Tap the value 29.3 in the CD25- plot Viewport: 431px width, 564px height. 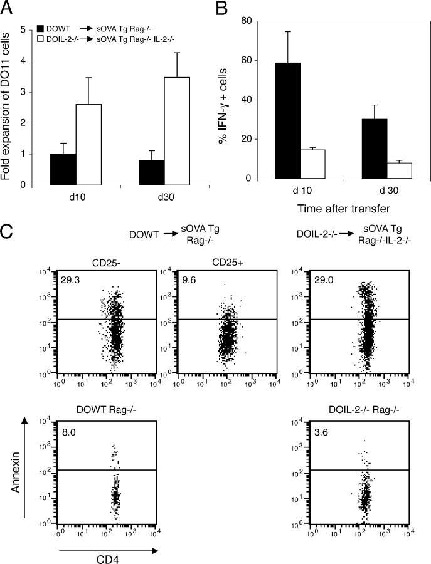click(x=70, y=281)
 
